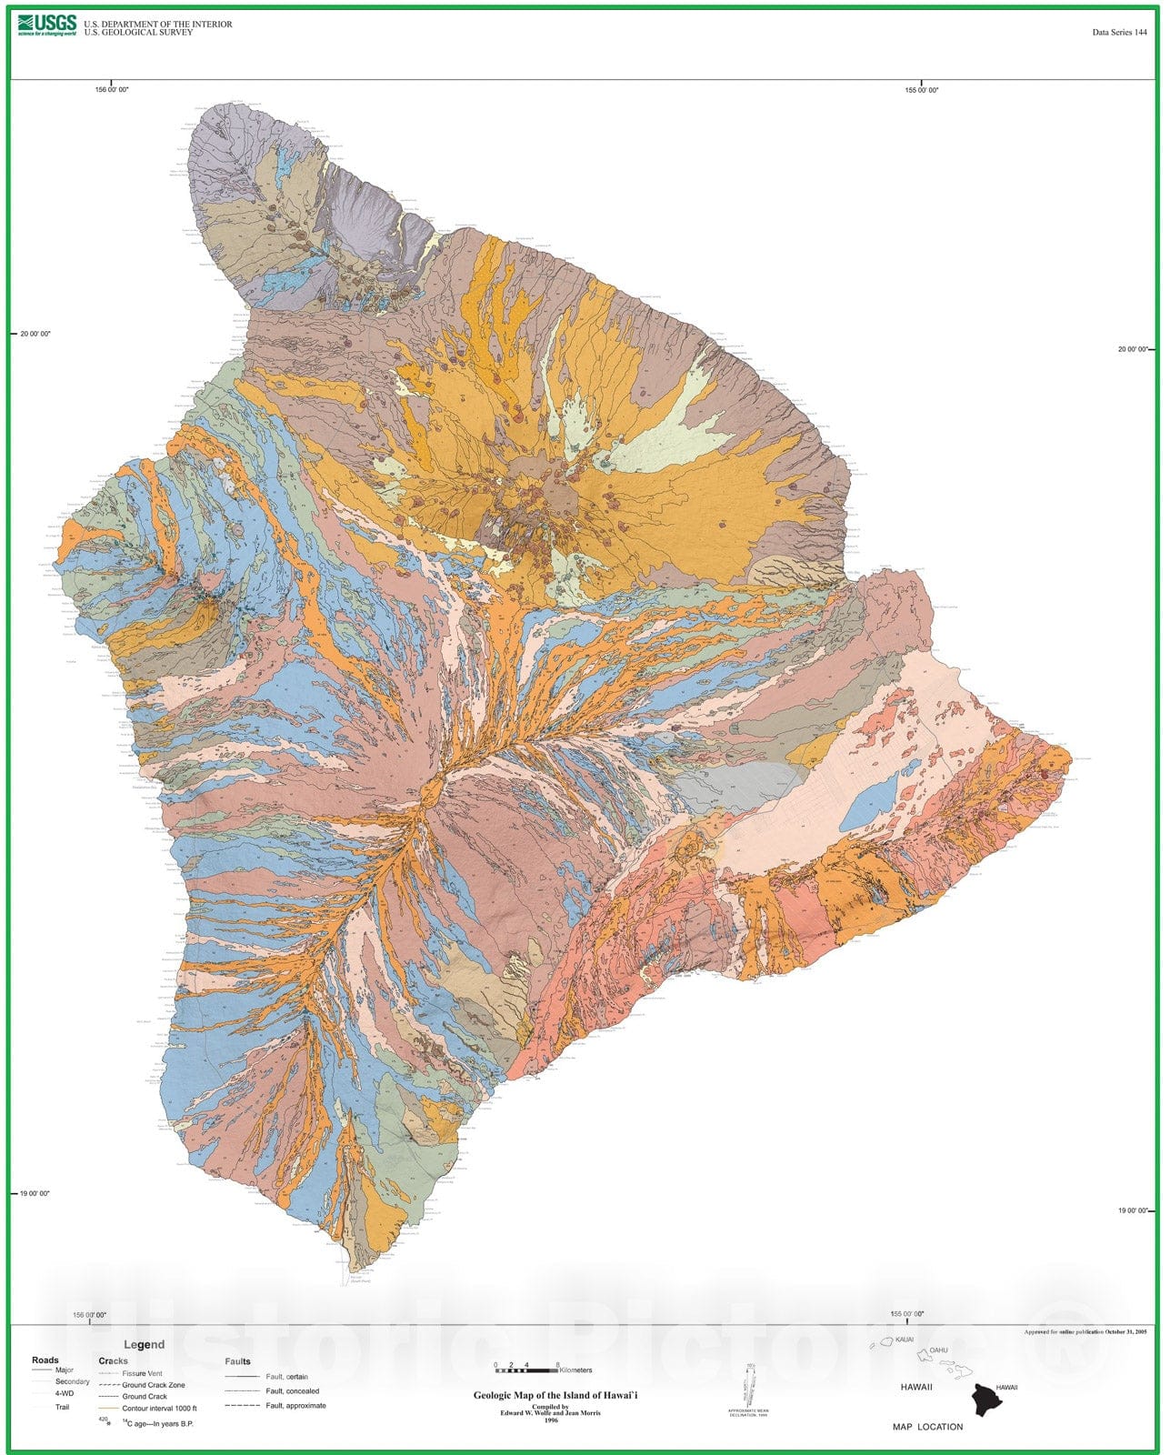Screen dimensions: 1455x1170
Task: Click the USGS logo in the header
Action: (x=46, y=25)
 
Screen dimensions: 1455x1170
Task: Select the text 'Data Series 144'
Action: (x=1119, y=33)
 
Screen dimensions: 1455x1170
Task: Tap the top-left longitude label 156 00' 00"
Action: (x=112, y=90)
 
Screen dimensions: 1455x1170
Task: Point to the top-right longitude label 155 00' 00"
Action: (x=922, y=90)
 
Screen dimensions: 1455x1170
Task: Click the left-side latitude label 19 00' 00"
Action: (x=35, y=1193)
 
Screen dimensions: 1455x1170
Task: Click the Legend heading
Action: (x=144, y=1345)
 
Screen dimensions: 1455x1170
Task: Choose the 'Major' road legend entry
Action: (x=65, y=1370)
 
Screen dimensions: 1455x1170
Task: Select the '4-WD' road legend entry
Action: (x=65, y=1393)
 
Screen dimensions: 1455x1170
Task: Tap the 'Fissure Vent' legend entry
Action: (x=142, y=1374)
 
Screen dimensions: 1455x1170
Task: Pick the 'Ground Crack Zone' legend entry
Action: (x=153, y=1385)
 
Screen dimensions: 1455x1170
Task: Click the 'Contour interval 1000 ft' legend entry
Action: (x=159, y=1408)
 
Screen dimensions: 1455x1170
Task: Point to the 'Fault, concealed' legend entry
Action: (x=292, y=1391)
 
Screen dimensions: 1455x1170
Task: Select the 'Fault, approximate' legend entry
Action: (x=295, y=1406)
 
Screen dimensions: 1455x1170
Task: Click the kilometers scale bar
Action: (x=526, y=1367)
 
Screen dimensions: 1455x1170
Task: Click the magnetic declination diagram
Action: (x=751, y=1386)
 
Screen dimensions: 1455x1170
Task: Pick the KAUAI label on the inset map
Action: (x=904, y=1340)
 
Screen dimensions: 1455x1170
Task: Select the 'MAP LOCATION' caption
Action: (x=927, y=1427)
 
